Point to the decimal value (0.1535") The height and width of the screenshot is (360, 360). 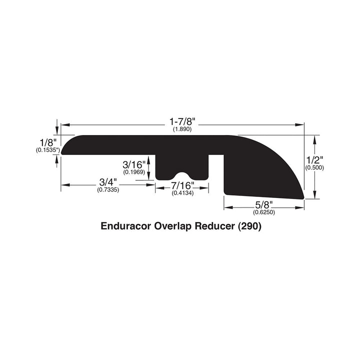tap(47, 149)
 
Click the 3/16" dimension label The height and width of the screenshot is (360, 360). tap(133, 164)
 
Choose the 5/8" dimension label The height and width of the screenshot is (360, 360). tap(264, 204)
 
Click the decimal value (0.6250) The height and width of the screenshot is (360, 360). tap(264, 212)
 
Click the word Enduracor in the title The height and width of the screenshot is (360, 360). tap(125, 226)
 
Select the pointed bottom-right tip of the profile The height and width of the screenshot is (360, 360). tap(303, 198)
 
